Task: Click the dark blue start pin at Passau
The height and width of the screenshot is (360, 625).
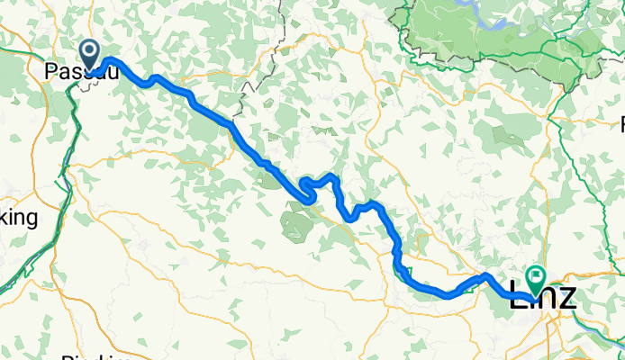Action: pyautogui.click(x=90, y=54)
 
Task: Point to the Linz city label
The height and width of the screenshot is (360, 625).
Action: pyautogui.click(x=542, y=300)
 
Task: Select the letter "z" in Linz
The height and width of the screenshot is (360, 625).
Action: pyautogui.click(x=566, y=300)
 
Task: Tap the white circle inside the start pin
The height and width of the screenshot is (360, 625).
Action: pyautogui.click(x=90, y=50)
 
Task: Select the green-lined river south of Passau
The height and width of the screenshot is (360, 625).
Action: pyautogui.click(x=63, y=180)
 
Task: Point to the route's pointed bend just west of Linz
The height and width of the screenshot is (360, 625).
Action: pyautogui.click(x=485, y=275)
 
